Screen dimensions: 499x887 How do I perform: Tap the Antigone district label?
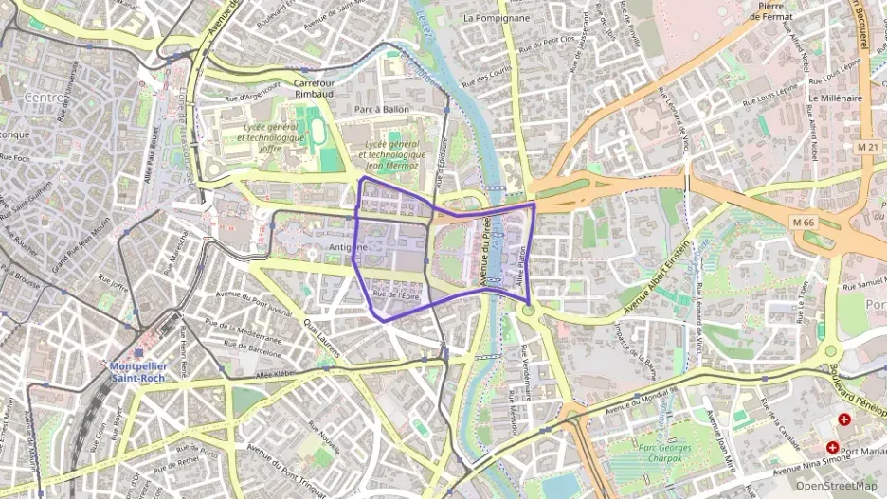347,247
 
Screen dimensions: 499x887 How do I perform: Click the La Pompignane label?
496,18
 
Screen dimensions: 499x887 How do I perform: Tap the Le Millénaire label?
835,98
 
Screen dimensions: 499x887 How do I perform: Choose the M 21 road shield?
866,146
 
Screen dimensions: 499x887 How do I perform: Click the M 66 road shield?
804,223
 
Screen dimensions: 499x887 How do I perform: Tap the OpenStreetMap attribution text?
836,486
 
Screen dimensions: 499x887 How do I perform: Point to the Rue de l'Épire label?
395,295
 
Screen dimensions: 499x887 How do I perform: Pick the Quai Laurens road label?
321,333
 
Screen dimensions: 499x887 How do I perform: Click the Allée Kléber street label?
276,375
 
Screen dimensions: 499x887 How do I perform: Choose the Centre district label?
44,98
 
